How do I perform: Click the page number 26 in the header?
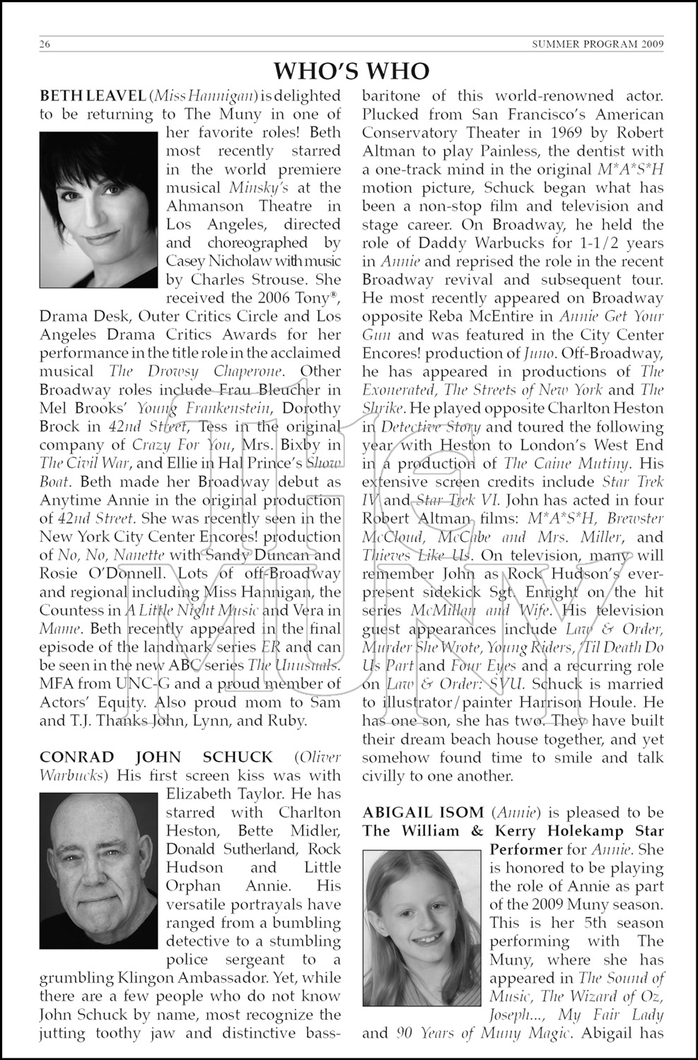point(45,46)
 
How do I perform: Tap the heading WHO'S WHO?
point(351,71)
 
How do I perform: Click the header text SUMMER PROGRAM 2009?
point(598,46)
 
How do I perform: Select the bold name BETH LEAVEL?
point(92,95)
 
